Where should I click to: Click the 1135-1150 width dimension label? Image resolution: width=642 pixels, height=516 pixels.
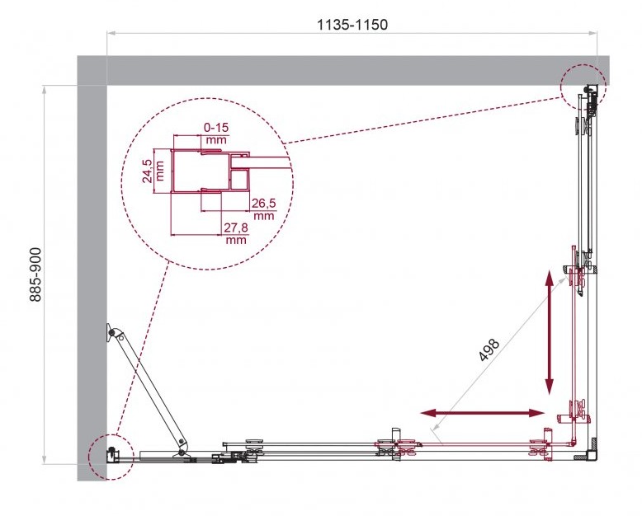(352, 25)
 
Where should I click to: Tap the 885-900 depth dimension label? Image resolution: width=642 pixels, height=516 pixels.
(36, 274)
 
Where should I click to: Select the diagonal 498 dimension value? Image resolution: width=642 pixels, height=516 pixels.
(489, 350)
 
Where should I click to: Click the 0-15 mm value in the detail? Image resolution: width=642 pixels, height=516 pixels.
(216, 134)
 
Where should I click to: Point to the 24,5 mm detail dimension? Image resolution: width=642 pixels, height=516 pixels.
(153, 171)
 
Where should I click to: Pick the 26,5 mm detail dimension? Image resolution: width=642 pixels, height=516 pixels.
(264, 209)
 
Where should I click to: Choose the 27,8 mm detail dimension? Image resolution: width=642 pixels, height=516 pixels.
(236, 233)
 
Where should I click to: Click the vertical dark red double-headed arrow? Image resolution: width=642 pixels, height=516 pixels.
(549, 331)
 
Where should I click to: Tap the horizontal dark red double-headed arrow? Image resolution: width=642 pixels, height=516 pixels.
(482, 413)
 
